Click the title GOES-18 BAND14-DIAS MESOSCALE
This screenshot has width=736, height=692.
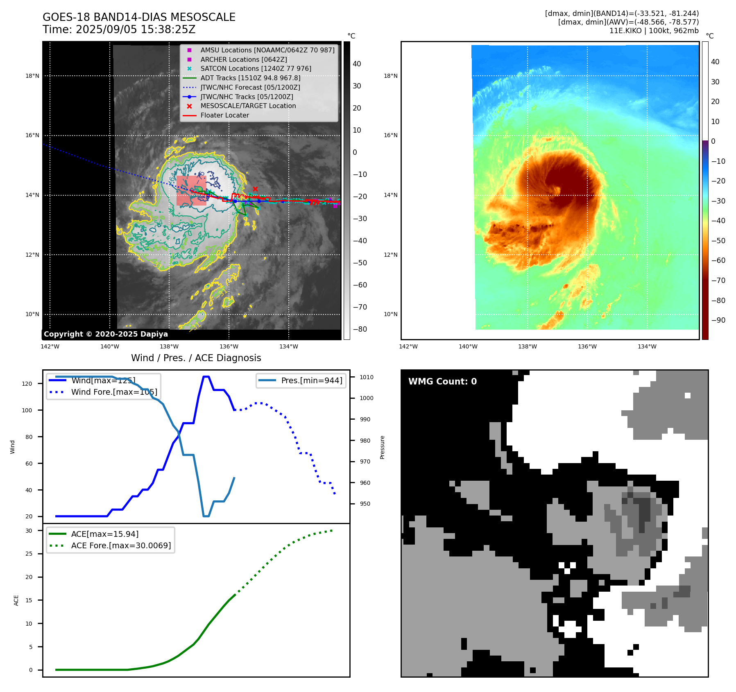[139, 17]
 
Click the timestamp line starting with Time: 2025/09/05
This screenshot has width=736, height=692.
[119, 29]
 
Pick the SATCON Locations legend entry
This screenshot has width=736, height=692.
[256, 69]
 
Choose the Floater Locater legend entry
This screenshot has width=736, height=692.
[224, 115]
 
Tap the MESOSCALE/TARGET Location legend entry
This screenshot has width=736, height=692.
[248, 106]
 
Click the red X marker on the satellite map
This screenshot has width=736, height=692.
[255, 189]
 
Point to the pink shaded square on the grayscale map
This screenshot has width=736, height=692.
[191, 190]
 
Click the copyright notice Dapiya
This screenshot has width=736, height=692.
[106, 334]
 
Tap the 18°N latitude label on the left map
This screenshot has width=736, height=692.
[32, 76]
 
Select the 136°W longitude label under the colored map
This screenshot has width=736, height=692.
[587, 346]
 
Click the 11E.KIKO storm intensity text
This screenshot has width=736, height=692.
[654, 31]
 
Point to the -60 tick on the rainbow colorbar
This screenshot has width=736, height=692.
[718, 260]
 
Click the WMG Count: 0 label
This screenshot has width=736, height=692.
[442, 382]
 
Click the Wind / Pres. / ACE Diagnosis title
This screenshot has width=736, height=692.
[196, 358]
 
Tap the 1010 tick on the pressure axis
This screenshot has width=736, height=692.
[367, 377]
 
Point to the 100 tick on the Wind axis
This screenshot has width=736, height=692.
[27, 410]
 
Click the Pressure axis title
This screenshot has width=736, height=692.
[382, 447]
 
